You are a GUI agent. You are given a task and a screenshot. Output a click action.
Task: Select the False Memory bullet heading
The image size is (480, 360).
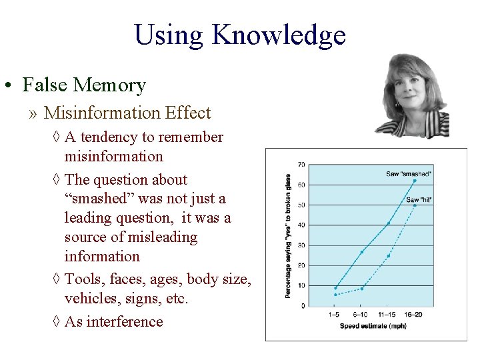pyautogui.click(x=83, y=85)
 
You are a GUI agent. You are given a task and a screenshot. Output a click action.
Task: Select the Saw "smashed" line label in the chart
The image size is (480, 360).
pyautogui.click(x=409, y=174)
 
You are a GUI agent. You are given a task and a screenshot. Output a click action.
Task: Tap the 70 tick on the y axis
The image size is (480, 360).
pyautogui.click(x=301, y=165)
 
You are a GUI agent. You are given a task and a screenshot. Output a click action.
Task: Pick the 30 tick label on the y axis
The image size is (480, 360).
pyautogui.click(x=301, y=245)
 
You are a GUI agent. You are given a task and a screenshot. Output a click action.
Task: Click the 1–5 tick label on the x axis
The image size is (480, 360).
pyautogui.click(x=335, y=314)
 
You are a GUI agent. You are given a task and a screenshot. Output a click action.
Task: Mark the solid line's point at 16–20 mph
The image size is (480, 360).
pyautogui.click(x=415, y=181)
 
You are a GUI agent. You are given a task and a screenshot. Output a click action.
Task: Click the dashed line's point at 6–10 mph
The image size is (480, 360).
pyautogui.click(x=362, y=289)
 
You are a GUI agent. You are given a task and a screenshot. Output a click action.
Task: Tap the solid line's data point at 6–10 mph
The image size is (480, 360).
pyautogui.click(x=362, y=252)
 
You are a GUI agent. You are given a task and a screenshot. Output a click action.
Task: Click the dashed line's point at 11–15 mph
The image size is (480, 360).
pyautogui.click(x=388, y=256)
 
